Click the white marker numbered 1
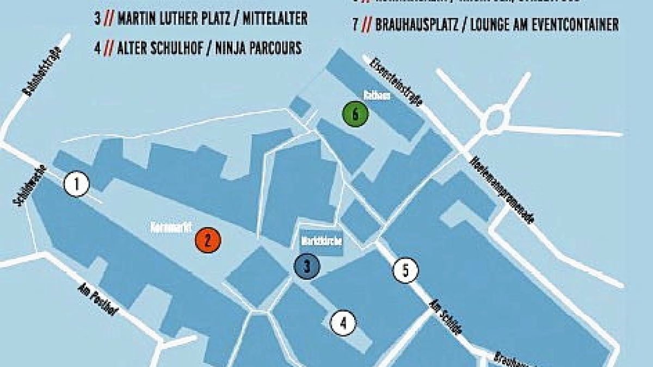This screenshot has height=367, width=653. point(76,184)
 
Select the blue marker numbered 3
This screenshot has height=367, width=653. point(307,266)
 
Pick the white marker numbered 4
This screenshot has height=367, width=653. point(343,323)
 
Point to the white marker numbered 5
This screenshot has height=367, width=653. point(405,271)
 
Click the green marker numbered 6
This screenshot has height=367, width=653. point(355,114)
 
